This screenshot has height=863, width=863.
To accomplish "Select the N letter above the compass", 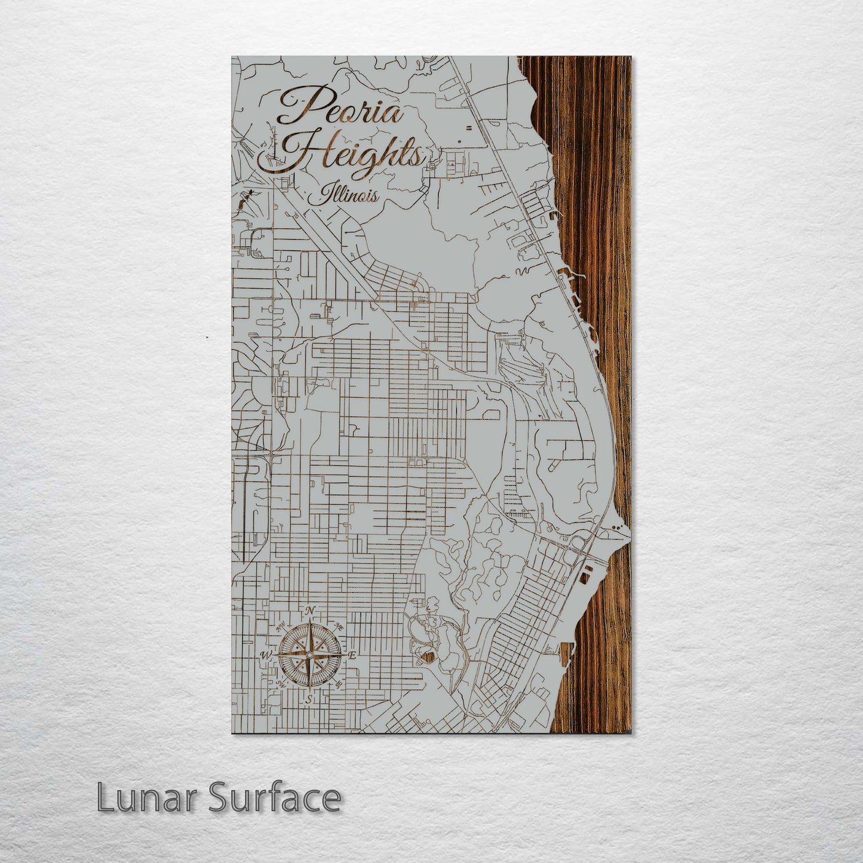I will click(310, 610).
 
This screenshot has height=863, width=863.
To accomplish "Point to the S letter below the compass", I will click(309, 698).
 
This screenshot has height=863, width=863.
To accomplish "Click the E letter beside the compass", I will click(352, 656).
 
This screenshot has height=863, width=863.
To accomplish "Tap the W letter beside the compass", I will click(265, 656).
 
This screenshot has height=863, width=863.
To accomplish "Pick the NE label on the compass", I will click(339, 627).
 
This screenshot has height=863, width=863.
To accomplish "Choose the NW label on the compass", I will click(280, 628).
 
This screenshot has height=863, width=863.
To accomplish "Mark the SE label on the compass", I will click(339, 683).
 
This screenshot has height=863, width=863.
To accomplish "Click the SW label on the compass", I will click(280, 684).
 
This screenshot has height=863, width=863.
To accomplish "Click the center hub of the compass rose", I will click(309, 655).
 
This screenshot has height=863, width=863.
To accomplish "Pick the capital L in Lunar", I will click(105, 797).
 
